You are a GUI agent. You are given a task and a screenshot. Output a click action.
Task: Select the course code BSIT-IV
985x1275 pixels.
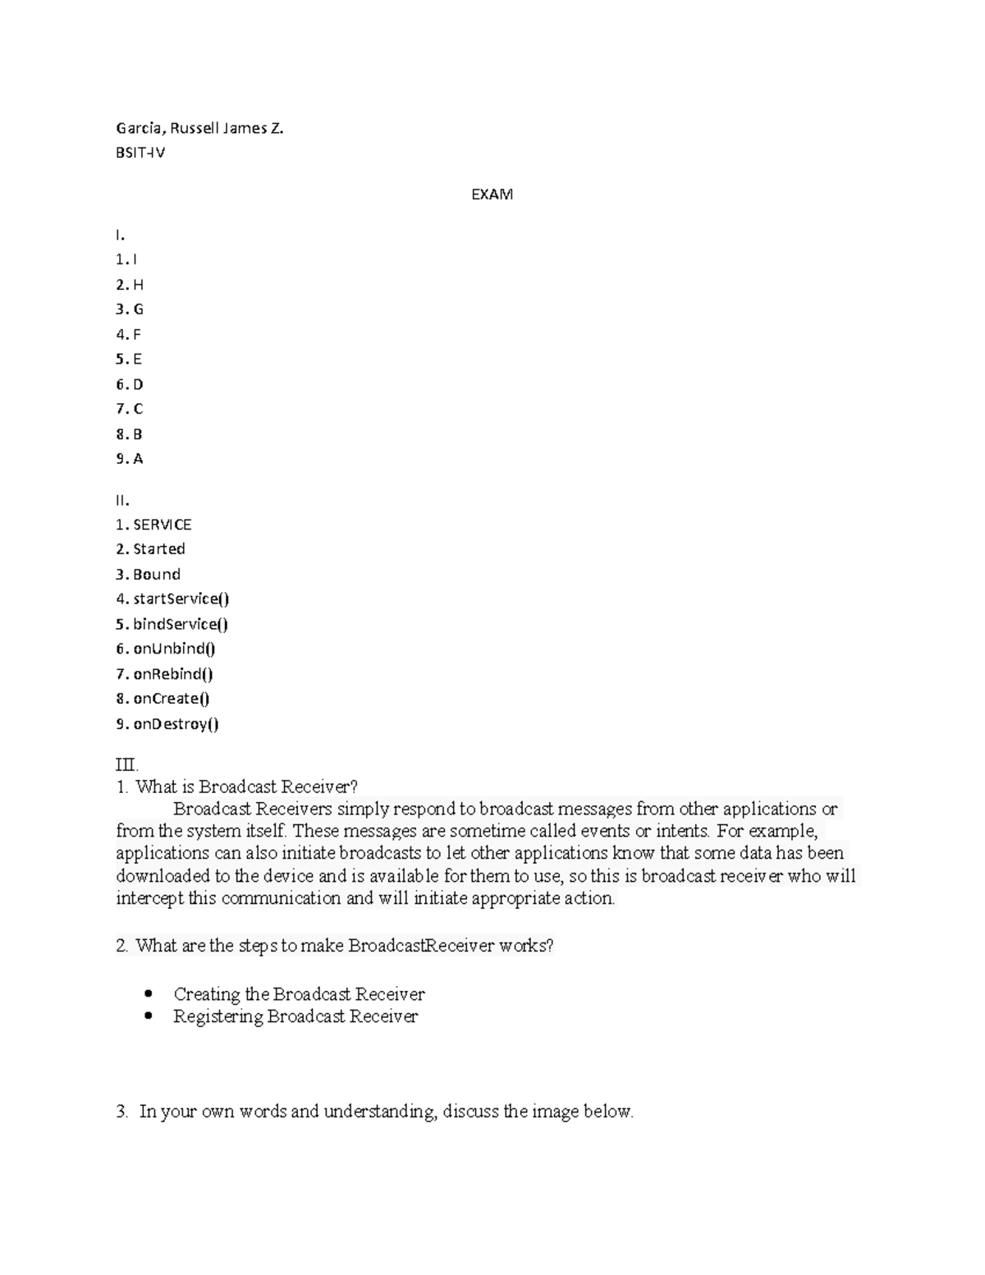140,153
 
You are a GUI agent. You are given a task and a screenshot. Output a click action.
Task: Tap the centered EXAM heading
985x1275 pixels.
492,195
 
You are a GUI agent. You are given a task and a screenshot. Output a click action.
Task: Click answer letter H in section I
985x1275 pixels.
138,285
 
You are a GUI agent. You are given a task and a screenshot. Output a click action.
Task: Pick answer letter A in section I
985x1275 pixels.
138,459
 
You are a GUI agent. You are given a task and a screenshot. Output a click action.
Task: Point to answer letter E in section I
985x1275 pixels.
138,360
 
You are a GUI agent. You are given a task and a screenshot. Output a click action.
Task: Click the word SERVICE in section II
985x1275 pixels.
162,525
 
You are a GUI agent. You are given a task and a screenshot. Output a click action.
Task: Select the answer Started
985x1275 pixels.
158,549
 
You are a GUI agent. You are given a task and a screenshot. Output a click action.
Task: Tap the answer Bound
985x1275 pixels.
156,575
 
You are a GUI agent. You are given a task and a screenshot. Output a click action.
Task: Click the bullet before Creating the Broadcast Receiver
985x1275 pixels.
149,993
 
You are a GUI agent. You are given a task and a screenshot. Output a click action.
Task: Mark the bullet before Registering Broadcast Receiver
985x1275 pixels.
149,1016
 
